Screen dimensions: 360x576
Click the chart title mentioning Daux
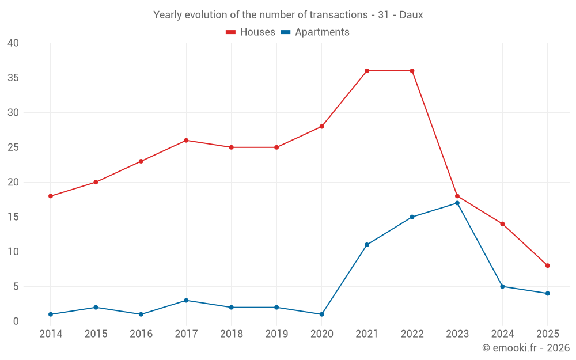click(288, 15)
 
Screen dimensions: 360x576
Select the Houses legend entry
click(251, 32)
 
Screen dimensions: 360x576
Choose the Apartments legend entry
click(315, 32)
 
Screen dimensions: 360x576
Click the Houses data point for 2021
click(367, 71)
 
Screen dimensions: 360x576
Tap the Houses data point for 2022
click(412, 71)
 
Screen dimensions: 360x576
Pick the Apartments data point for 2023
click(457, 203)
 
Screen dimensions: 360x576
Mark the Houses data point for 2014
click(51, 196)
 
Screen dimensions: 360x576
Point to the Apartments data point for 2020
click(321, 314)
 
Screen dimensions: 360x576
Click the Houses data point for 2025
click(548, 266)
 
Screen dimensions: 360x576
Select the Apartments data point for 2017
click(186, 301)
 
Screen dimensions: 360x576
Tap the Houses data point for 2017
click(186, 141)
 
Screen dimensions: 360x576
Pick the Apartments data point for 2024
click(502, 286)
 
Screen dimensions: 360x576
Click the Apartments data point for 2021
click(367, 245)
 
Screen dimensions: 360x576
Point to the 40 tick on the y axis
click(13, 43)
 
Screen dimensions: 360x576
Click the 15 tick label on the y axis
click(13, 217)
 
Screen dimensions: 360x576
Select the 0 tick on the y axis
click(16, 321)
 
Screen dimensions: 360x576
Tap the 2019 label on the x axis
click(276, 334)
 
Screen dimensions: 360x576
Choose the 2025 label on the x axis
click(548, 334)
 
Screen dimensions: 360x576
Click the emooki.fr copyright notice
click(526, 348)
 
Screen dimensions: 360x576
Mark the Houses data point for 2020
click(321, 126)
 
